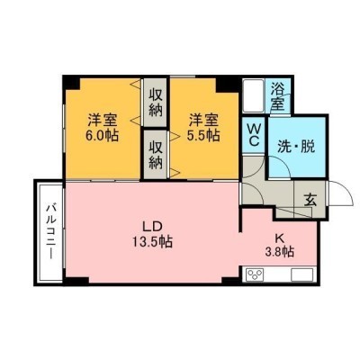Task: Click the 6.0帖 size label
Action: click(x=102, y=136)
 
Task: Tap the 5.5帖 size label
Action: click(x=203, y=136)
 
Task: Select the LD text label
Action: click(x=152, y=227)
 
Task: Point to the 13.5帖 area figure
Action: click(x=153, y=241)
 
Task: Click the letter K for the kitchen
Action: click(x=280, y=238)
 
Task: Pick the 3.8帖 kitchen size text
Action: click(x=279, y=252)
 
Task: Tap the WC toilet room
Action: click(x=254, y=136)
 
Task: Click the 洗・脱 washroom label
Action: click(x=296, y=147)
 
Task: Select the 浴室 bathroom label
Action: click(x=277, y=95)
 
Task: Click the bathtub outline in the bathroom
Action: click(x=253, y=95)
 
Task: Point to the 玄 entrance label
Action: click(x=310, y=201)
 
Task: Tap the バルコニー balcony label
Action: click(x=50, y=231)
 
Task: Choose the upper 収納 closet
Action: click(x=155, y=103)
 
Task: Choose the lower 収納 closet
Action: click(x=156, y=155)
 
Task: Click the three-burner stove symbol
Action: click(x=256, y=274)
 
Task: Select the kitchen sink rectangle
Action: click(x=302, y=274)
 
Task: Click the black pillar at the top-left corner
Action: click(x=71, y=82)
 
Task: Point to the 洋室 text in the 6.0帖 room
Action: click(x=102, y=121)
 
